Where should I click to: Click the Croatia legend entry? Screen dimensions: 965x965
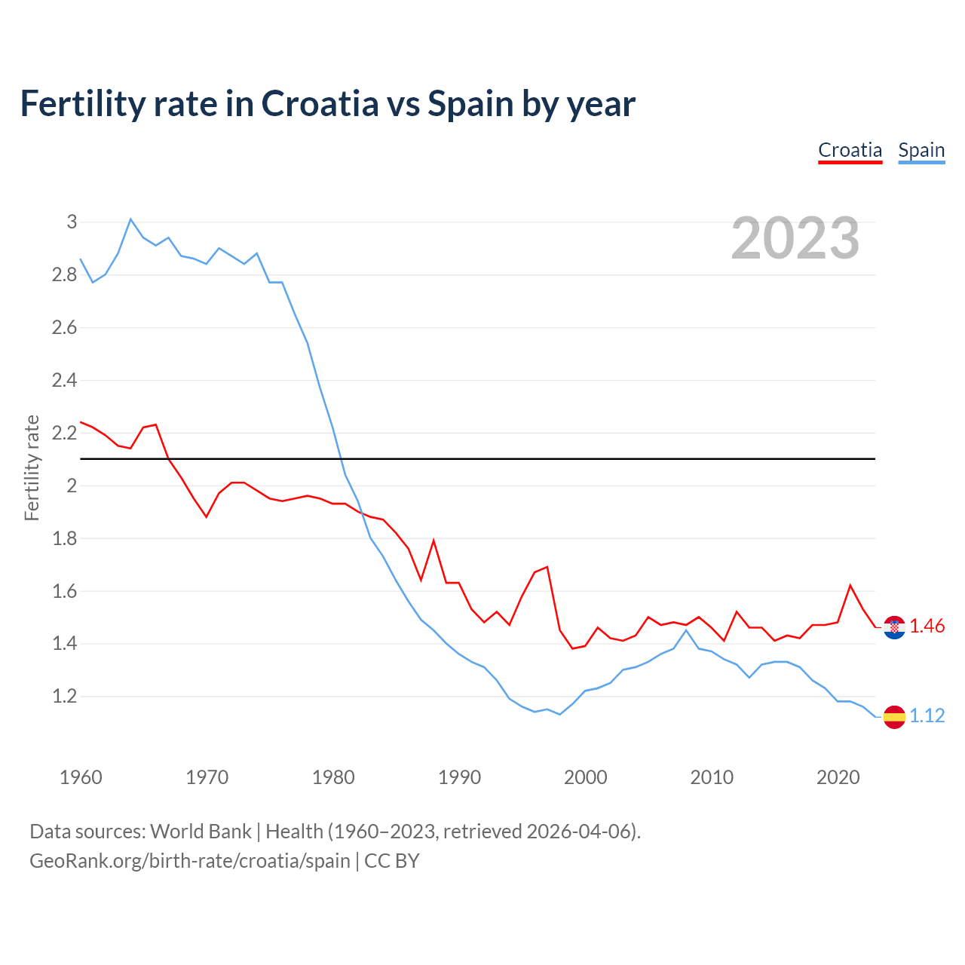pyautogui.click(x=850, y=151)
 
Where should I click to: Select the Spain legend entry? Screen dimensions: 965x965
pyautogui.click(x=921, y=151)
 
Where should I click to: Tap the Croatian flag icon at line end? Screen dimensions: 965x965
pyautogui.click(x=894, y=626)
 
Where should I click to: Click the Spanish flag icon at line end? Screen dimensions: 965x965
pyautogui.click(x=894, y=716)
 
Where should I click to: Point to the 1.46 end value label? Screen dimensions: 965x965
pyautogui.click(x=927, y=626)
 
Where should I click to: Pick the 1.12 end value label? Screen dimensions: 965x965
pyautogui.click(x=927, y=716)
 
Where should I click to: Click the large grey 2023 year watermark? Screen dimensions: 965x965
pyautogui.click(x=795, y=238)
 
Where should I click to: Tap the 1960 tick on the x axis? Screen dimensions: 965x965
pyautogui.click(x=81, y=777)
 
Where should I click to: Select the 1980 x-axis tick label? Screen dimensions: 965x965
pyautogui.click(x=333, y=777)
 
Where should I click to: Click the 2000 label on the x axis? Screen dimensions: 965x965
pyautogui.click(x=585, y=777)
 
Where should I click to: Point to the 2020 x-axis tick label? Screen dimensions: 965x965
pyautogui.click(x=838, y=777)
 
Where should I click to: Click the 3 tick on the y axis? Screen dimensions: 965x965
pyautogui.click(x=72, y=222)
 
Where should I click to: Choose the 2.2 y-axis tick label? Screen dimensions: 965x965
pyautogui.click(x=65, y=433)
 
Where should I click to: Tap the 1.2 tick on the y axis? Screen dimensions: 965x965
pyautogui.click(x=65, y=697)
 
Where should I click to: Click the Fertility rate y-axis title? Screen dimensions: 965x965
pyautogui.click(x=32, y=467)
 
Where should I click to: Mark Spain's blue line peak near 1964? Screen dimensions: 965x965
pyautogui.click(x=130, y=219)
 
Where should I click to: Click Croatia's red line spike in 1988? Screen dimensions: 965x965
pyautogui.click(x=433, y=541)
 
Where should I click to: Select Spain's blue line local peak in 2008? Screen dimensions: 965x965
pyautogui.click(x=686, y=630)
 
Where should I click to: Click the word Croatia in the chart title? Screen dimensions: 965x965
pyautogui.click(x=320, y=103)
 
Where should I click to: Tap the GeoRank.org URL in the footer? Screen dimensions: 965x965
pyautogui.click(x=190, y=861)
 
